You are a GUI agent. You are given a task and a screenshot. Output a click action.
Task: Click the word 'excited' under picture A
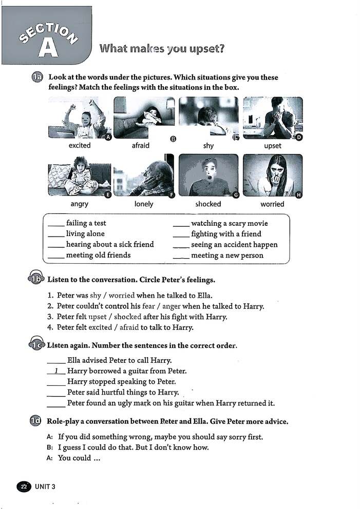[80, 145]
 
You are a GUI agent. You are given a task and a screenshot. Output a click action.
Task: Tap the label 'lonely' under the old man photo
[144, 204]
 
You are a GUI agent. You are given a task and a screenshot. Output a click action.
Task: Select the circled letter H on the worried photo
[299, 194]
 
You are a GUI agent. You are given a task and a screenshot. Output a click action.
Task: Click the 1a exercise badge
[36, 77]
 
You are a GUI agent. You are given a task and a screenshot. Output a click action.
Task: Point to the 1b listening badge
[35, 280]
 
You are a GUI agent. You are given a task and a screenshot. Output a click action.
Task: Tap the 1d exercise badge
[35, 421]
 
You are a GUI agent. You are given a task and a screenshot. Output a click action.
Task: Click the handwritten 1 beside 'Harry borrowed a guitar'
[56, 370]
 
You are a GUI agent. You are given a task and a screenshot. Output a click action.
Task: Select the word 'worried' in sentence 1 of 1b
[121, 296]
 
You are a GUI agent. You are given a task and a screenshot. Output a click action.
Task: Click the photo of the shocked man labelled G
[208, 175]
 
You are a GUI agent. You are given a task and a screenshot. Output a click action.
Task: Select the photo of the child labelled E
[79, 179]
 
